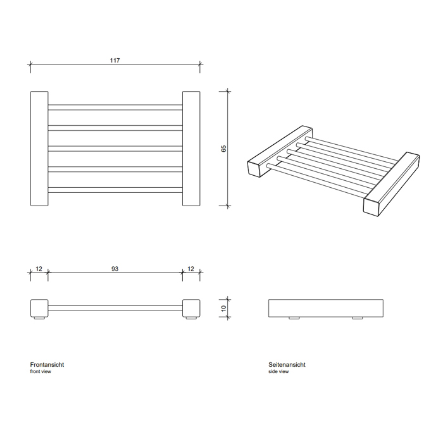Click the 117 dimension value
tap(115, 61)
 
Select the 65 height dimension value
tap(223, 149)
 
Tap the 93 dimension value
tap(115, 269)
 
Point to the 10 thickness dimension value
tap(223, 308)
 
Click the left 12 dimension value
tap(39, 269)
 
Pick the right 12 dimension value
tap(190, 269)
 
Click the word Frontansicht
tap(47, 364)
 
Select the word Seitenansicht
tap(287, 364)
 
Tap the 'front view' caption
tap(41, 371)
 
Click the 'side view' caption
tap(278, 371)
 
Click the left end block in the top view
tap(39, 149)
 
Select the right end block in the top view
tap(191, 149)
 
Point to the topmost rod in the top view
tap(115, 107)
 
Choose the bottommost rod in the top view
tap(115, 190)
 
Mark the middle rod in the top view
tap(115, 149)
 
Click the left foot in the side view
tap(294, 318)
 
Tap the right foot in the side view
tap(358, 318)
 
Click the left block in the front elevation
tap(39, 308)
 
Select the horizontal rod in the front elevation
tap(115, 308)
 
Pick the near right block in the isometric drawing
tap(391, 184)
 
